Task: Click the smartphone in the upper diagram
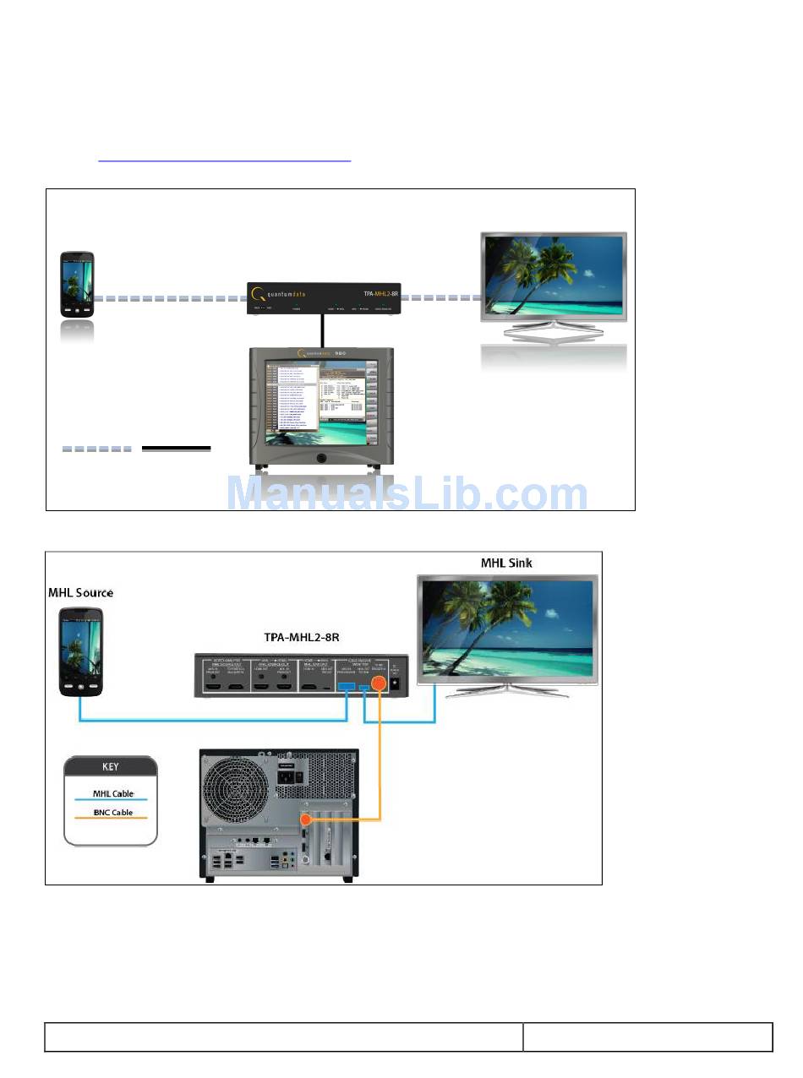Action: pyautogui.click(x=77, y=283)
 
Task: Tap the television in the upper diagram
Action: pyautogui.click(x=554, y=279)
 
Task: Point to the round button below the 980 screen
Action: pyautogui.click(x=321, y=458)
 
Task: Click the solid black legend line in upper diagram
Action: pyautogui.click(x=176, y=449)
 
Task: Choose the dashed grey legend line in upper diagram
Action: pyautogui.click(x=96, y=449)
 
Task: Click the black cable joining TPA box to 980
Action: pyautogui.click(x=322, y=330)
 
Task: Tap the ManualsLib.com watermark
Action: pyautogui.click(x=407, y=493)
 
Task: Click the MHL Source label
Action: pyautogui.click(x=80, y=592)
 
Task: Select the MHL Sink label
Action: pyautogui.click(x=506, y=563)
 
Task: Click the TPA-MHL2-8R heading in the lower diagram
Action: pyautogui.click(x=301, y=638)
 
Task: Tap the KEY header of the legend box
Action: pyautogui.click(x=111, y=767)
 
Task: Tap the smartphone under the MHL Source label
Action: pyautogui.click(x=81, y=651)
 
